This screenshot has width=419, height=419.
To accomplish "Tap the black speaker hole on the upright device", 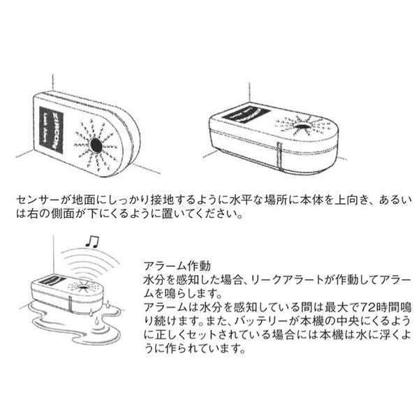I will pos(96,145).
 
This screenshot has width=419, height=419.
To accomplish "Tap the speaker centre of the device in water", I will pos(84,288).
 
